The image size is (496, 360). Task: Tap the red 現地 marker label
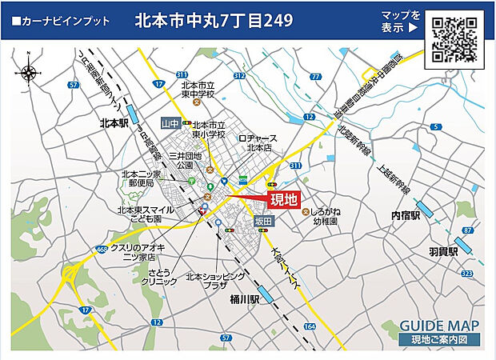tap(283, 200)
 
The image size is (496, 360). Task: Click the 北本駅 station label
tap(114, 123)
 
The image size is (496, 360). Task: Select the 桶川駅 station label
tap(245, 298)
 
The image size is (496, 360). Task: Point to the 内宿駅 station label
tap(406, 216)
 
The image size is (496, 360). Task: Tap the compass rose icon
tap(29, 72)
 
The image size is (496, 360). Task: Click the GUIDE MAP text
tap(439, 326)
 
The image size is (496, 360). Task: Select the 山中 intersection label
tap(170, 123)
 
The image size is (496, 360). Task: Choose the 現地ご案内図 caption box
tap(439, 340)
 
